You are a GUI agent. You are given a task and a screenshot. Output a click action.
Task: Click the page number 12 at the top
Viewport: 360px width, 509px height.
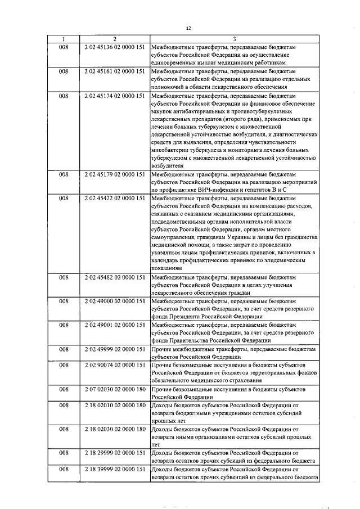point(189,28)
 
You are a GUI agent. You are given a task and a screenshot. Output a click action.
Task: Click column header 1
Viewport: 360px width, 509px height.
point(63,39)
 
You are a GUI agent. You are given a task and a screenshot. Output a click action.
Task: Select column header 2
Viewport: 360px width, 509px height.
point(114,39)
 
